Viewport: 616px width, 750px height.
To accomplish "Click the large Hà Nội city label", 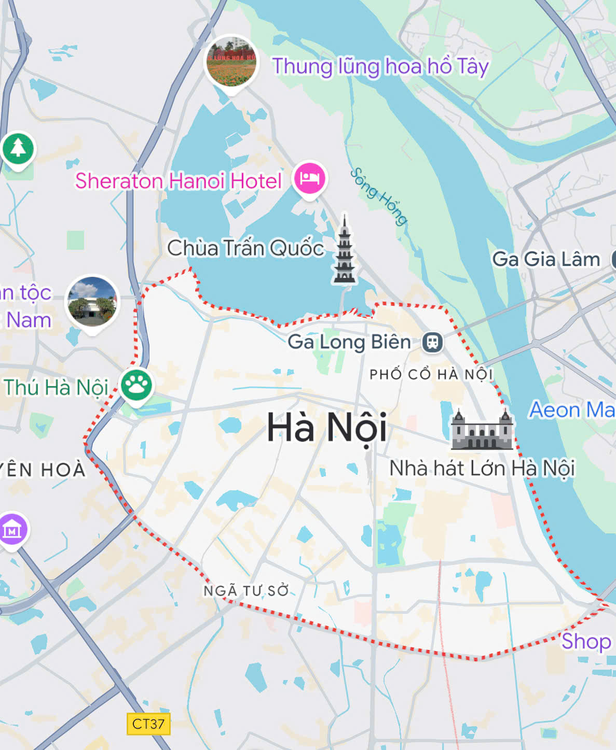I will (326, 428).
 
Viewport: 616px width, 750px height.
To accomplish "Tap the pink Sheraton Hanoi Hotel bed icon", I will (310, 178).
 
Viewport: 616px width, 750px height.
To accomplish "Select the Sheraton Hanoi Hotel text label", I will (178, 181).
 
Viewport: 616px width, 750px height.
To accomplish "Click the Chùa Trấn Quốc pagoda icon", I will (345, 251).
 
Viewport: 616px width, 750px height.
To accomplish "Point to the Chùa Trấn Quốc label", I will (245, 248).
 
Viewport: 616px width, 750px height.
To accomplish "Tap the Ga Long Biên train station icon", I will (432, 342).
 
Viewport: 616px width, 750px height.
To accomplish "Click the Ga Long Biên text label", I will (349, 342).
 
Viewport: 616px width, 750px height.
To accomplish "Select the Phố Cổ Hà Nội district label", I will (431, 374).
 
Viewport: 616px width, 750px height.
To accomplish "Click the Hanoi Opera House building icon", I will (482, 430).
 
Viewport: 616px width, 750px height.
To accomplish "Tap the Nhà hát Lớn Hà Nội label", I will (482, 468).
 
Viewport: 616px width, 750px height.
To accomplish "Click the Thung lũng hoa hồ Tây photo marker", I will (231, 62).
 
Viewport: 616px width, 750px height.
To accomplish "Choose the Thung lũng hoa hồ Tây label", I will (380, 66).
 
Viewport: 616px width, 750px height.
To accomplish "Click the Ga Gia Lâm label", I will (546, 259).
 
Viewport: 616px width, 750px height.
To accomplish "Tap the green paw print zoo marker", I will (137, 385).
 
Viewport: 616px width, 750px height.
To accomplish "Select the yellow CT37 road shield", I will (148, 724).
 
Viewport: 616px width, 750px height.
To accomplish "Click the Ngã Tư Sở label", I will (246, 590).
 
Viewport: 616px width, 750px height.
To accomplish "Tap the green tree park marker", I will (18, 149).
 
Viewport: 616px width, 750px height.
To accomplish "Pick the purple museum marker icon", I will (12, 529).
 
